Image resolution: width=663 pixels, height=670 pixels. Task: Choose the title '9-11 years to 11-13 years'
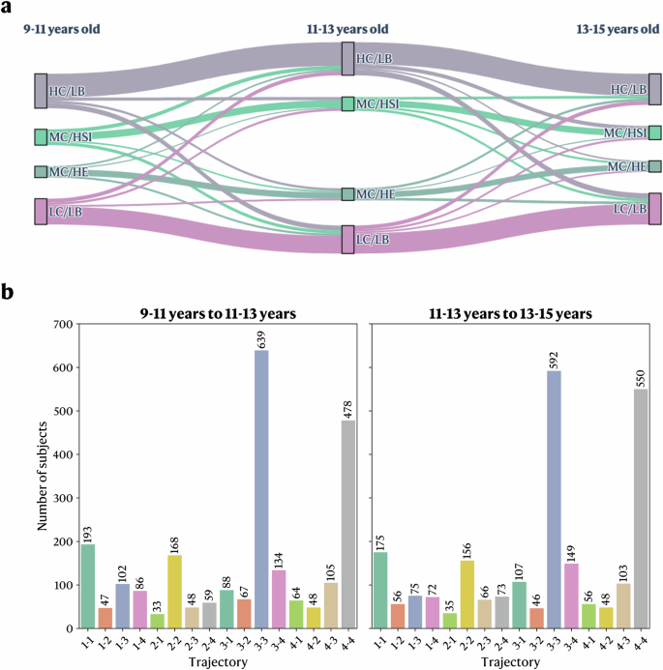tap(216, 312)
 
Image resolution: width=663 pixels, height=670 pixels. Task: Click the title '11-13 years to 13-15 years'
tap(510, 312)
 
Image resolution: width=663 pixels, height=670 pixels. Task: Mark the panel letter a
tap(9, 8)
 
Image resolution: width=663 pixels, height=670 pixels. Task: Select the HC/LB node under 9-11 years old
tap(41, 90)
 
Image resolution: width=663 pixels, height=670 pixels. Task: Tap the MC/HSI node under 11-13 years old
tap(347, 103)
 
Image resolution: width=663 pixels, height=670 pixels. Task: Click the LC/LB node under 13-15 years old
tap(655, 208)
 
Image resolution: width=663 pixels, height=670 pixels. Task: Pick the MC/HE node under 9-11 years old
tap(41, 172)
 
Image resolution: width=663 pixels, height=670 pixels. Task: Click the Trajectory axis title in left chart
tap(216, 662)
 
